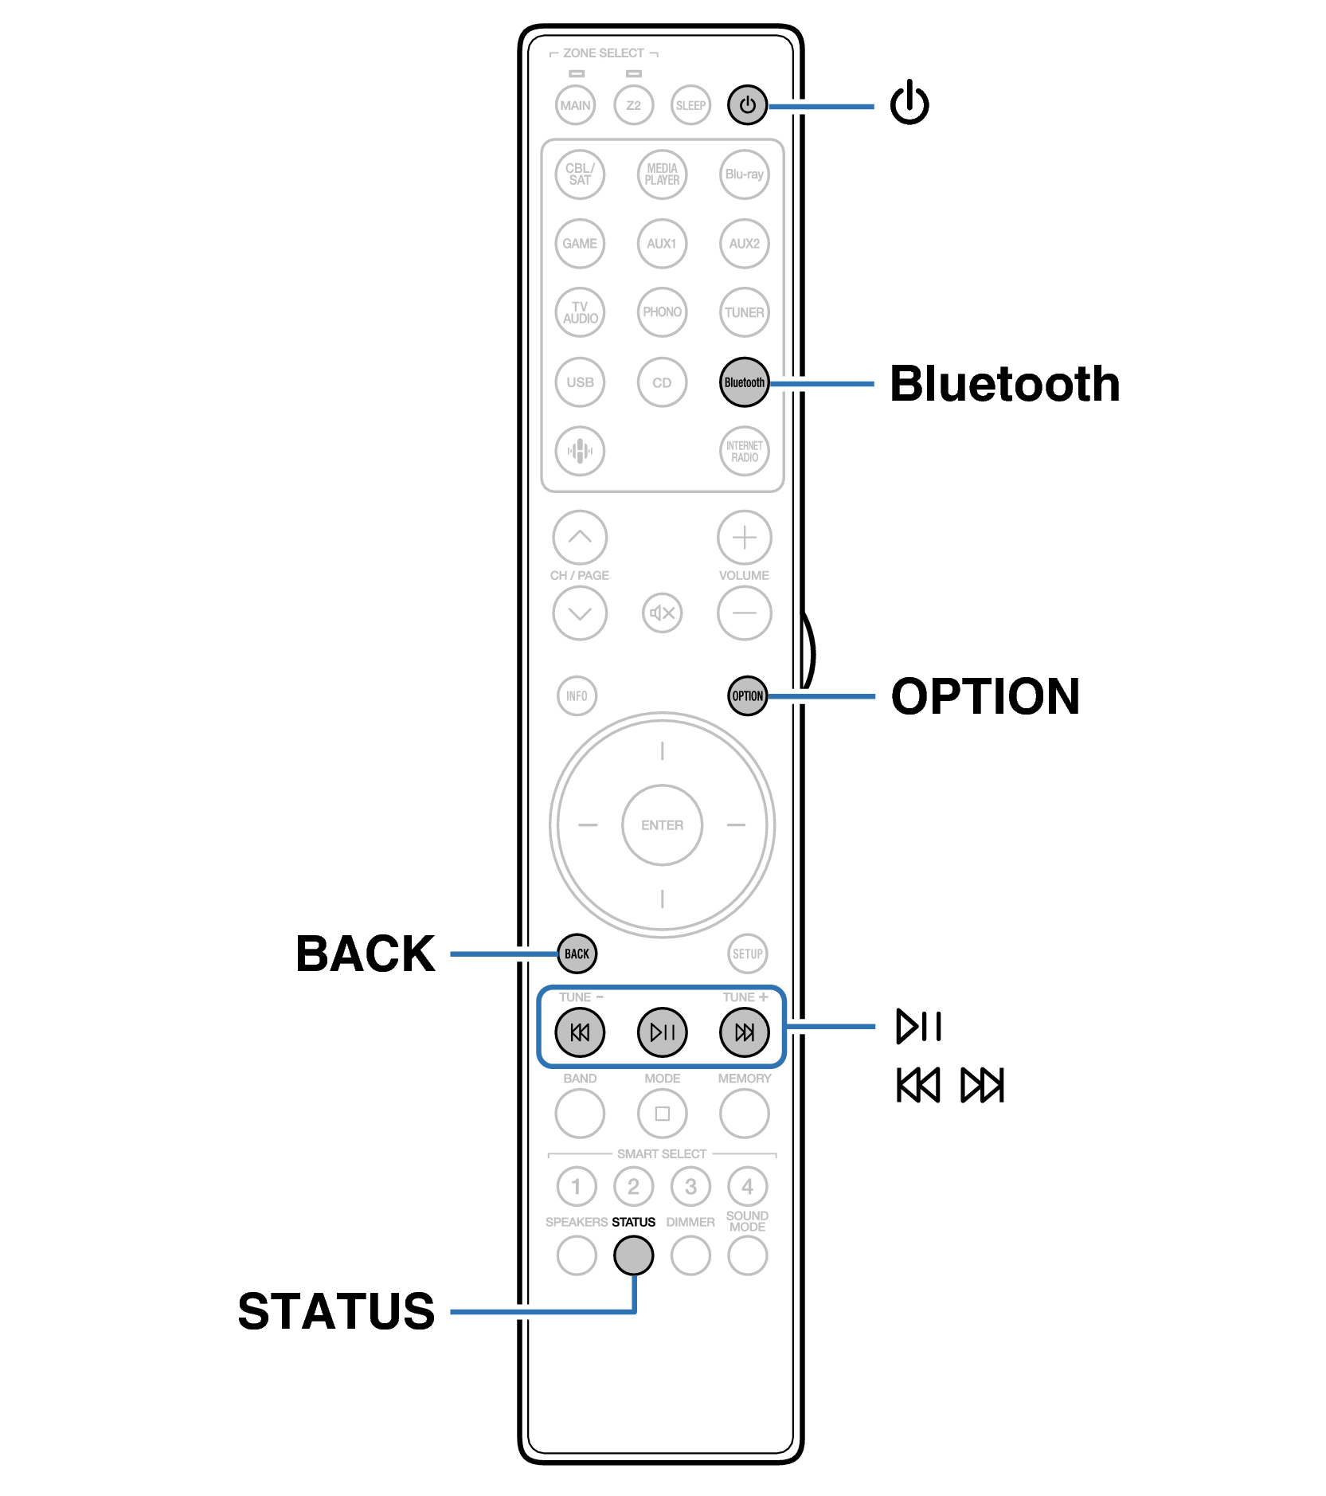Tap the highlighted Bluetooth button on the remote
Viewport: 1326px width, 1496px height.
point(744,382)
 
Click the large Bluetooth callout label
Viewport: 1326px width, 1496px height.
point(1004,384)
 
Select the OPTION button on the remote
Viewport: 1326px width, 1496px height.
point(747,696)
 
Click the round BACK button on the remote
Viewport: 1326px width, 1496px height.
point(577,954)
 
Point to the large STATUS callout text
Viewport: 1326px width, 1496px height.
point(336,1311)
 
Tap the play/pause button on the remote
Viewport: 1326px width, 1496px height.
point(662,1032)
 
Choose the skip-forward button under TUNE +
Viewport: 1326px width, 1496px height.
point(744,1032)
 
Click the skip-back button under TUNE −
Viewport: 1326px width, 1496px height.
point(580,1032)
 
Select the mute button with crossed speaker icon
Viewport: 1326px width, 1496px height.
point(662,613)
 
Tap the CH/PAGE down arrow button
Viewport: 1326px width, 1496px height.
point(580,613)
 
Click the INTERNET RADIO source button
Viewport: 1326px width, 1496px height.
point(744,452)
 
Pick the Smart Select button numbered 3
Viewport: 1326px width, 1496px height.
point(690,1187)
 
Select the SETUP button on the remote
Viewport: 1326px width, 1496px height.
point(747,954)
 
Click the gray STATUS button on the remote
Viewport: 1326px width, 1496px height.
point(634,1256)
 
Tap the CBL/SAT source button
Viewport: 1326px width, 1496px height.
point(580,174)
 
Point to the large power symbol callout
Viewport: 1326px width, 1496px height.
point(909,104)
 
